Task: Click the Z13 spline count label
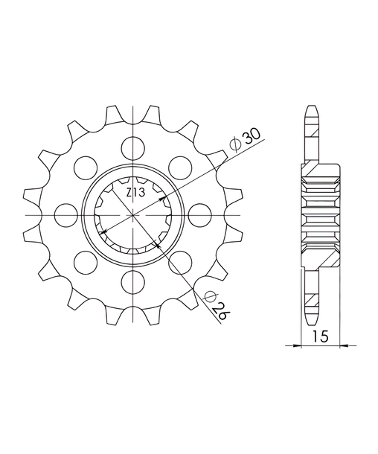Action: [x=135, y=193]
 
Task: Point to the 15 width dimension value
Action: [x=320, y=336]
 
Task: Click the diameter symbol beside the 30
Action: [x=234, y=145]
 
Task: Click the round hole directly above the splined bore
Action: [x=133, y=149]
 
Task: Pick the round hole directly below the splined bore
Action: [x=133, y=282]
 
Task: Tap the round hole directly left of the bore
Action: [x=66, y=215]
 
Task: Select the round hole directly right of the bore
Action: [x=199, y=215]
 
